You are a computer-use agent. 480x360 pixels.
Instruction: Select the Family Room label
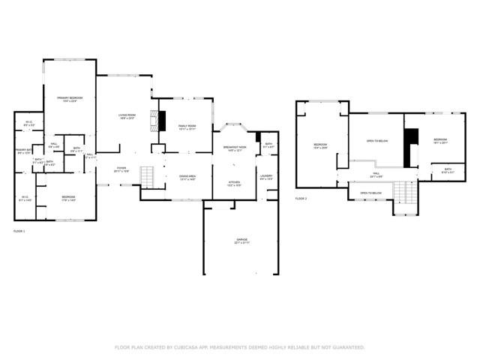[187, 127]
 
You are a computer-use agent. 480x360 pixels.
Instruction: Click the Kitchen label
[234, 183]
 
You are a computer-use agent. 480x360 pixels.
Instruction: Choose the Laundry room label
[266, 178]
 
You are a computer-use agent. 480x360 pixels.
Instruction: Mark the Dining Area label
[187, 178]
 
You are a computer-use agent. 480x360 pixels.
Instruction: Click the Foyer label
[121, 169]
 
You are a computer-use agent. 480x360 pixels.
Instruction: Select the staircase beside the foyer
[147, 178]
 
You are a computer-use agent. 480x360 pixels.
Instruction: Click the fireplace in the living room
[158, 121]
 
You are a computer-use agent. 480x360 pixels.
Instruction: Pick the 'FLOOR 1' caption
[19, 231]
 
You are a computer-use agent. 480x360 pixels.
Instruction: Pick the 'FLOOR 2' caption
[301, 198]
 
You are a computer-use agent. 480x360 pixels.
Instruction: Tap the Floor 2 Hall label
[375, 175]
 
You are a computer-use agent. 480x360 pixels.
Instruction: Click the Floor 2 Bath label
[448, 170]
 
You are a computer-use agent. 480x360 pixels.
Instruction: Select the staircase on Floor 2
[404, 196]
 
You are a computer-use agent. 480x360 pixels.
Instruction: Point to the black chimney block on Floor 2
[411, 148]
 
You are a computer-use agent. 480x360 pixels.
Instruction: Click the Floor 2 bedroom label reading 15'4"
[320, 145]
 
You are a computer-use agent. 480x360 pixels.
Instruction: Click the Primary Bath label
[22, 151]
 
